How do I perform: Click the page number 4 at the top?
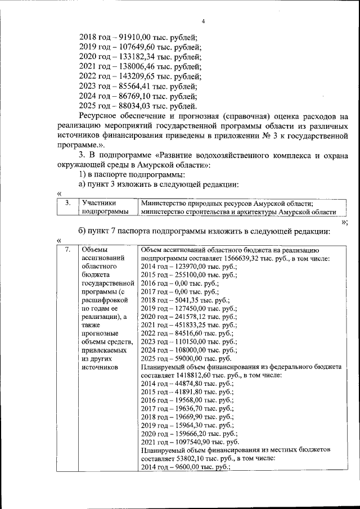(204, 21)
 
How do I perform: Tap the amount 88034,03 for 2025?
(128, 106)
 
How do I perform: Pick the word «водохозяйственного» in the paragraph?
(243, 155)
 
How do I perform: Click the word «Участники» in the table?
(98, 203)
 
